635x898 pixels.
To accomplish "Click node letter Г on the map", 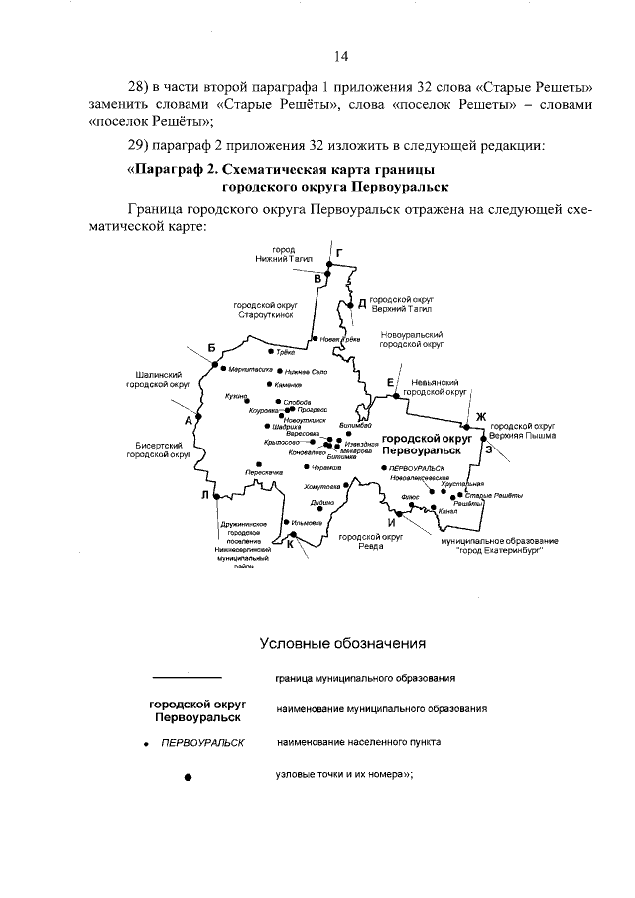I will tap(339, 253).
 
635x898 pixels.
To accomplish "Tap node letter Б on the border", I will tap(211, 347).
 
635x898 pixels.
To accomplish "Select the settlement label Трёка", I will tap(285, 352).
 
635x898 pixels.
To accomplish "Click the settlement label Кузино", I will tap(236, 395).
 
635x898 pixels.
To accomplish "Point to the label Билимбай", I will tap(355, 426).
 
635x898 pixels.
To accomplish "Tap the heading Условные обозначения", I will tap(342, 643).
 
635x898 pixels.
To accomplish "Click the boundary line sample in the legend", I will tap(187, 678).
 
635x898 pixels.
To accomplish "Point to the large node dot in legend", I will tap(188, 778).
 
